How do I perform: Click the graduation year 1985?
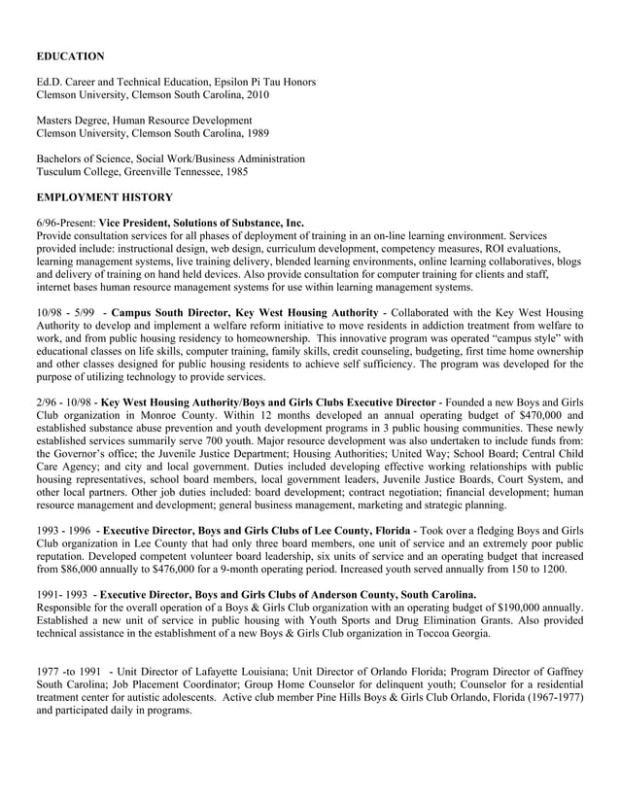pyautogui.click(x=234, y=171)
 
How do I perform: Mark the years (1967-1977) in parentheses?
pyautogui.click(x=544, y=697)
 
